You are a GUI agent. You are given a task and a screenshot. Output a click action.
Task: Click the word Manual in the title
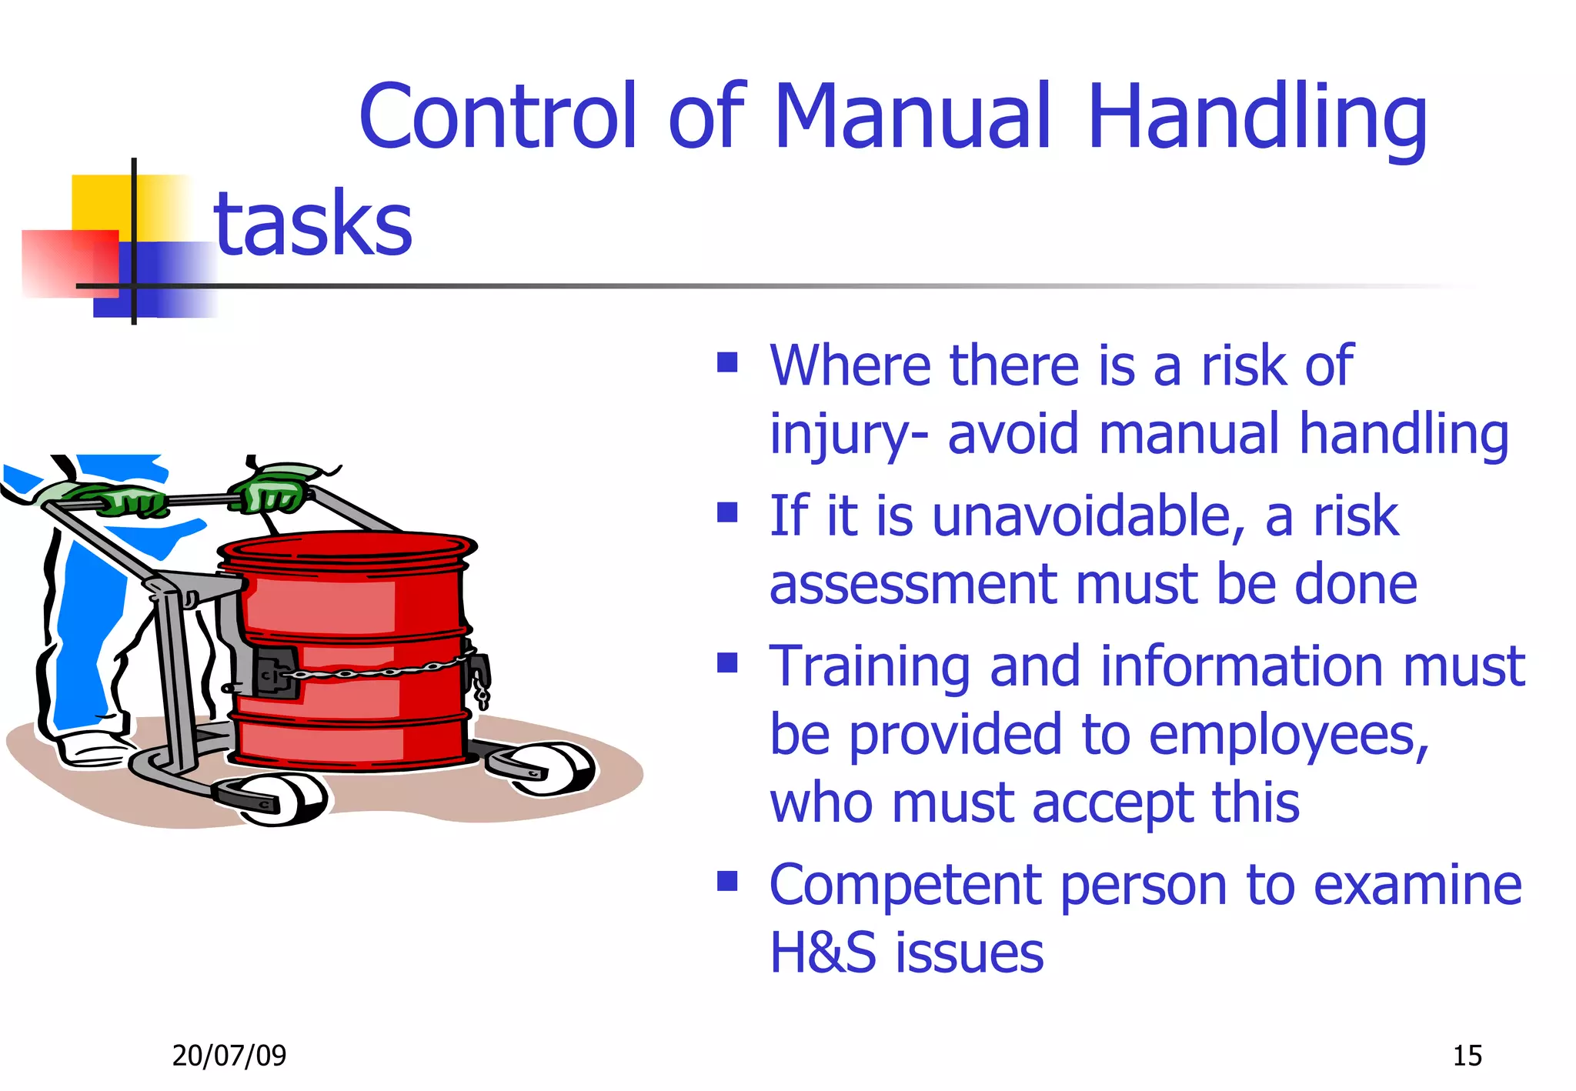pyautogui.click(x=913, y=117)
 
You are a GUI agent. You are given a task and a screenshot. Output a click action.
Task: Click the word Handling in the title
pyautogui.click(x=1257, y=117)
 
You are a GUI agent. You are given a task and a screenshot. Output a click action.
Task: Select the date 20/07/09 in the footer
pyautogui.click(x=229, y=1055)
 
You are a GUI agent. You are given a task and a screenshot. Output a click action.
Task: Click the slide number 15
pyautogui.click(x=1467, y=1055)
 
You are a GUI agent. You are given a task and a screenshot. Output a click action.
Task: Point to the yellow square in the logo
pyautogui.click(x=104, y=202)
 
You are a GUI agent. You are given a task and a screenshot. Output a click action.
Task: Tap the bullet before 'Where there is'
pyautogui.click(x=727, y=362)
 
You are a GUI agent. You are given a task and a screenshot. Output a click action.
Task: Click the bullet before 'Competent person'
pyautogui.click(x=727, y=881)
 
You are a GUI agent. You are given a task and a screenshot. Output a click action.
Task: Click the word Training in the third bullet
pyautogui.click(x=870, y=666)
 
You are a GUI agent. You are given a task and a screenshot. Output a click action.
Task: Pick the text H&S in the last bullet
pyautogui.click(x=823, y=953)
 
